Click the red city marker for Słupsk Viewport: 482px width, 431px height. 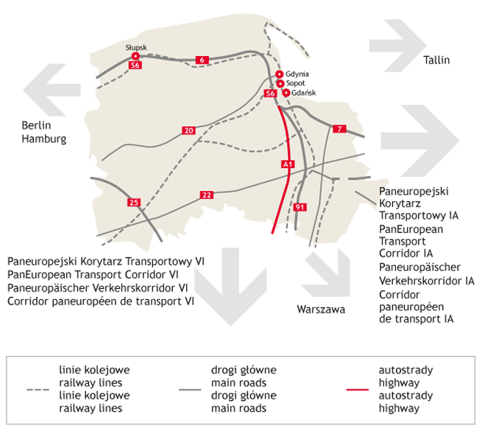135,56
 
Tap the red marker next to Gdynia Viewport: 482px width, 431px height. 279,74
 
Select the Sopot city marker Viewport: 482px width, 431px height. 280,83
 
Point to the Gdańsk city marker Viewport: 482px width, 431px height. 286,93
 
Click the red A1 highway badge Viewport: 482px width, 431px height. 288,164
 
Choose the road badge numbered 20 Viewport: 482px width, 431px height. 188,130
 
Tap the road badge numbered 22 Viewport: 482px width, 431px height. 207,195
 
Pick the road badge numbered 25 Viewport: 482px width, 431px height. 134,203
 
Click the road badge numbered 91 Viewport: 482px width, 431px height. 300,207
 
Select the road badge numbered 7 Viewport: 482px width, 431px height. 339,129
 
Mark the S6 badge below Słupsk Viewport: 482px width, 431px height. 135,65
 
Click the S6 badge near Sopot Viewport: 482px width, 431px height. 271,94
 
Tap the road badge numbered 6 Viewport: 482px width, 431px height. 202,60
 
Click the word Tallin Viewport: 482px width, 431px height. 436,60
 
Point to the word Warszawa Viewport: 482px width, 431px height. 321,309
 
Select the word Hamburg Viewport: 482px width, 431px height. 44,139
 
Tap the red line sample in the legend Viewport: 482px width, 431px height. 357,390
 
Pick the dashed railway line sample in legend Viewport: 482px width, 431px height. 38,390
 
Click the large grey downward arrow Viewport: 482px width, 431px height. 230,287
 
